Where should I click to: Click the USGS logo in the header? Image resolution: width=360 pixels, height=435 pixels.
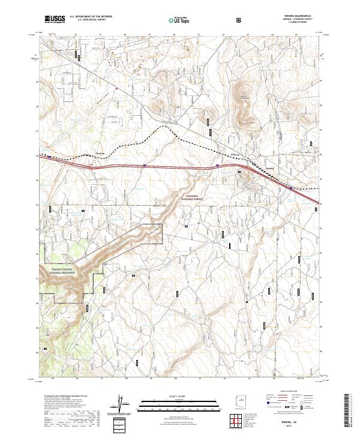click(x=54, y=19)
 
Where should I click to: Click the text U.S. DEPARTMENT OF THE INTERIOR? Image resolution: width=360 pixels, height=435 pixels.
click(x=91, y=17)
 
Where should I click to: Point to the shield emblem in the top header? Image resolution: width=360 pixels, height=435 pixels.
click(x=239, y=19)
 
